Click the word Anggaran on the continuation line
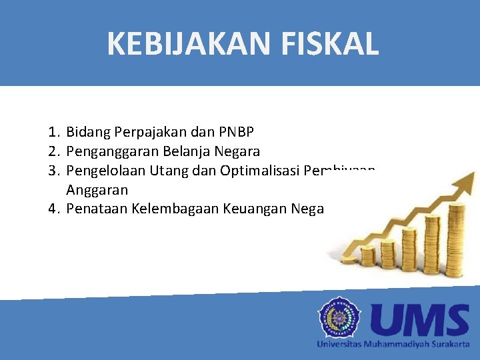click(x=97, y=189)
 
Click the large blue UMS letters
click(x=419, y=320)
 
